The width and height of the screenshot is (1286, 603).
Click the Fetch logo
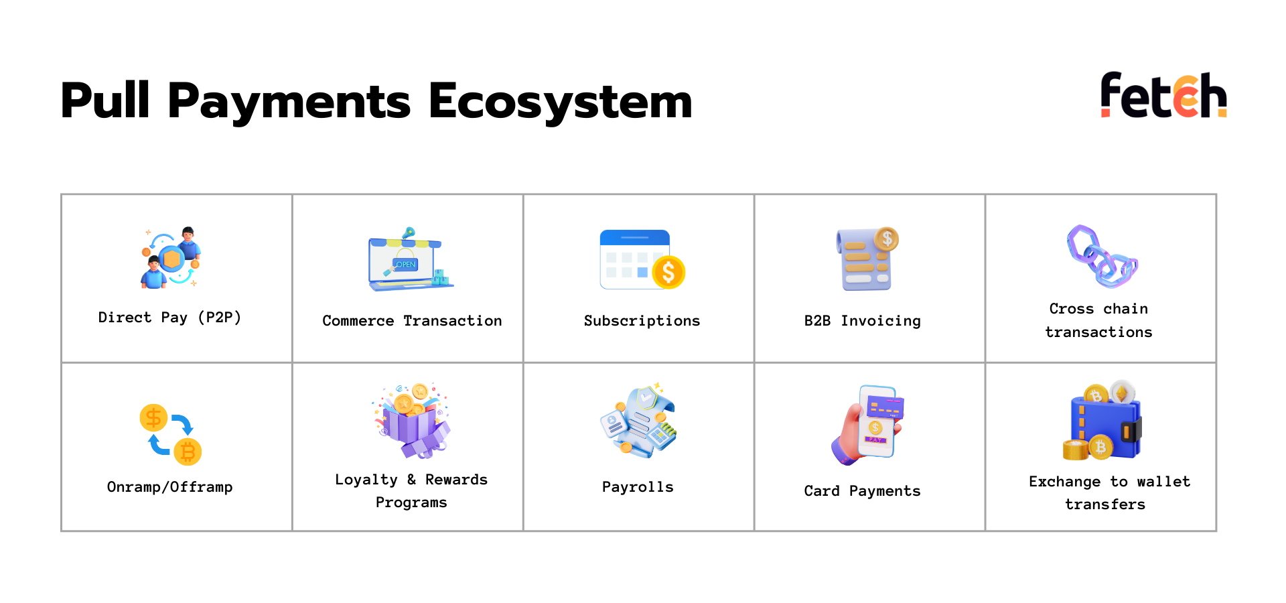tap(1163, 94)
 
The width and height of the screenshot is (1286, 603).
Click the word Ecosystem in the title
tap(560, 102)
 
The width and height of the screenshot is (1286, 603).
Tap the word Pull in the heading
tap(105, 100)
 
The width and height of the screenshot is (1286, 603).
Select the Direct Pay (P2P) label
tap(169, 318)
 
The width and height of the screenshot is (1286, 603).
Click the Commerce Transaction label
tap(412, 321)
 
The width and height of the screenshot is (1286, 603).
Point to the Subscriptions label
tap(642, 321)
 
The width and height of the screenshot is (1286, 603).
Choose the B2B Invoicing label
tap(862, 321)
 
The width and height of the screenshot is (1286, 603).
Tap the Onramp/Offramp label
tap(169, 487)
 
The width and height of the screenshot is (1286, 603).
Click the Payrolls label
tap(638, 487)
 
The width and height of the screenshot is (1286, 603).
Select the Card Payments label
tap(862, 491)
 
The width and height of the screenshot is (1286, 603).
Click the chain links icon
tap(1101, 256)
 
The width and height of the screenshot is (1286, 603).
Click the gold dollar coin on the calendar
tap(668, 272)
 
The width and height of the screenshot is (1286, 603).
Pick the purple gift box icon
tap(412, 421)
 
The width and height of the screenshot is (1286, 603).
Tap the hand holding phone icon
tap(868, 424)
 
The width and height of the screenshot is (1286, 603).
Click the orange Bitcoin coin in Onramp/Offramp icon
tap(188, 452)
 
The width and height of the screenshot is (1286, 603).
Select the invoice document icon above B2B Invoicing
tap(867, 259)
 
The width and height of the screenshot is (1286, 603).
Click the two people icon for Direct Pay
tap(171, 258)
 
